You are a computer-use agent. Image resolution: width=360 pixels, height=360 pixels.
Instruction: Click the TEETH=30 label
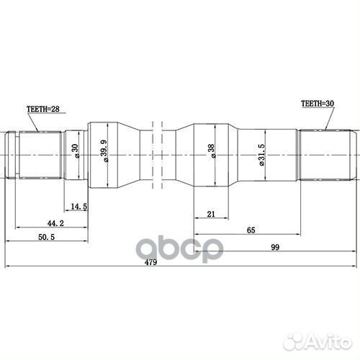tap(318, 104)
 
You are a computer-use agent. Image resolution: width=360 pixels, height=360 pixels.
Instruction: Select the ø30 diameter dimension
tap(74, 152)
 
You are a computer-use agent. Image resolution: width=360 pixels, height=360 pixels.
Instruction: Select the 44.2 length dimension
tap(48, 224)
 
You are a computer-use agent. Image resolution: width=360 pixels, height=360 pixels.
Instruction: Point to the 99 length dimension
tap(274, 248)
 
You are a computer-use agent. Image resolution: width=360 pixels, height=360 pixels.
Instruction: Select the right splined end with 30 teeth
tap(325, 153)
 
